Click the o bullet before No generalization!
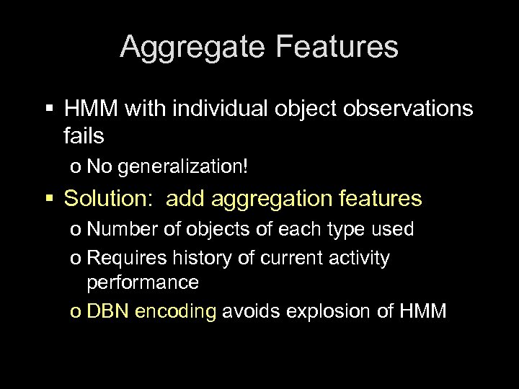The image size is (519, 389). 76,168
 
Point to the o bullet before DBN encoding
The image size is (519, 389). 76,312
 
